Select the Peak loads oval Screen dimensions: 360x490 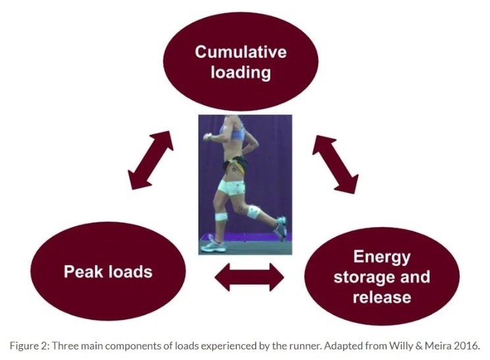107,270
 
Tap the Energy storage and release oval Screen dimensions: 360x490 381,276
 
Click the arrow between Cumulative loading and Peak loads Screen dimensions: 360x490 150,160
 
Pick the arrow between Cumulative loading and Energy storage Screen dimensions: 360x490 335,164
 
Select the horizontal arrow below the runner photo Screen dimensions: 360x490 249,277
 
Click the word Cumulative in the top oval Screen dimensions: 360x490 240,51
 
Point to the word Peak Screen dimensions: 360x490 82,270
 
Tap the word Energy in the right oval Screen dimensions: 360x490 381,256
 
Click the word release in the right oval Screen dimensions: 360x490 381,297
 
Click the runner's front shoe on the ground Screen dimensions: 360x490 215,246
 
